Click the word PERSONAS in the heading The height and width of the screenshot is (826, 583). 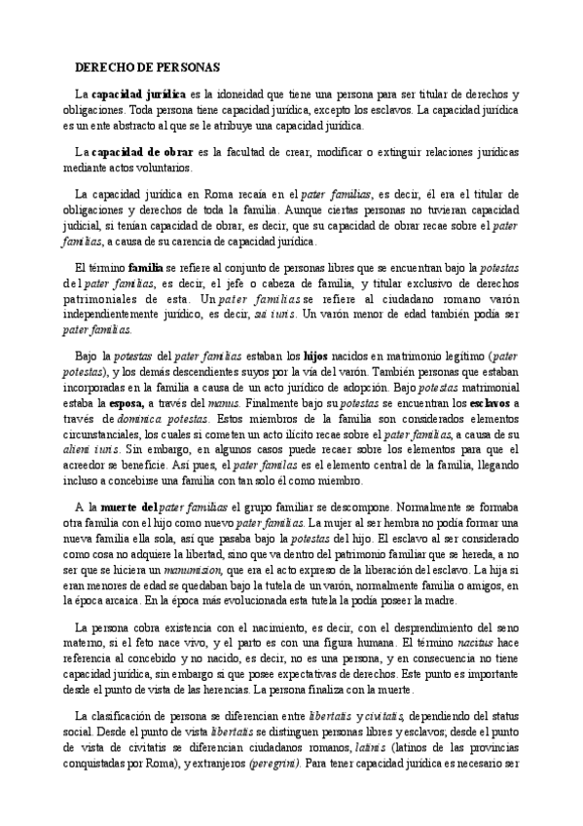pos(190,67)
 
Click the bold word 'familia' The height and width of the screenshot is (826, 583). pos(145,266)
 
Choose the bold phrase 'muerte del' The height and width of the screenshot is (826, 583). pos(128,507)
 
